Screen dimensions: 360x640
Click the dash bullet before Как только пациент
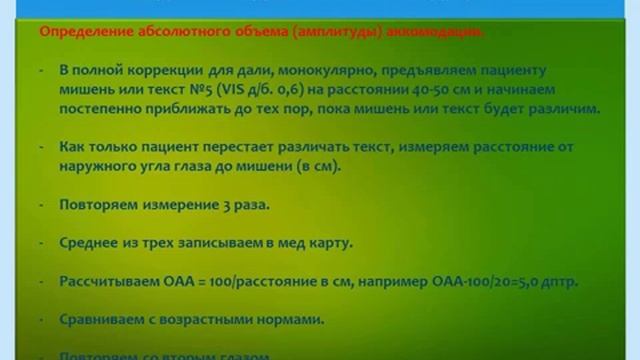click(41, 147)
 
